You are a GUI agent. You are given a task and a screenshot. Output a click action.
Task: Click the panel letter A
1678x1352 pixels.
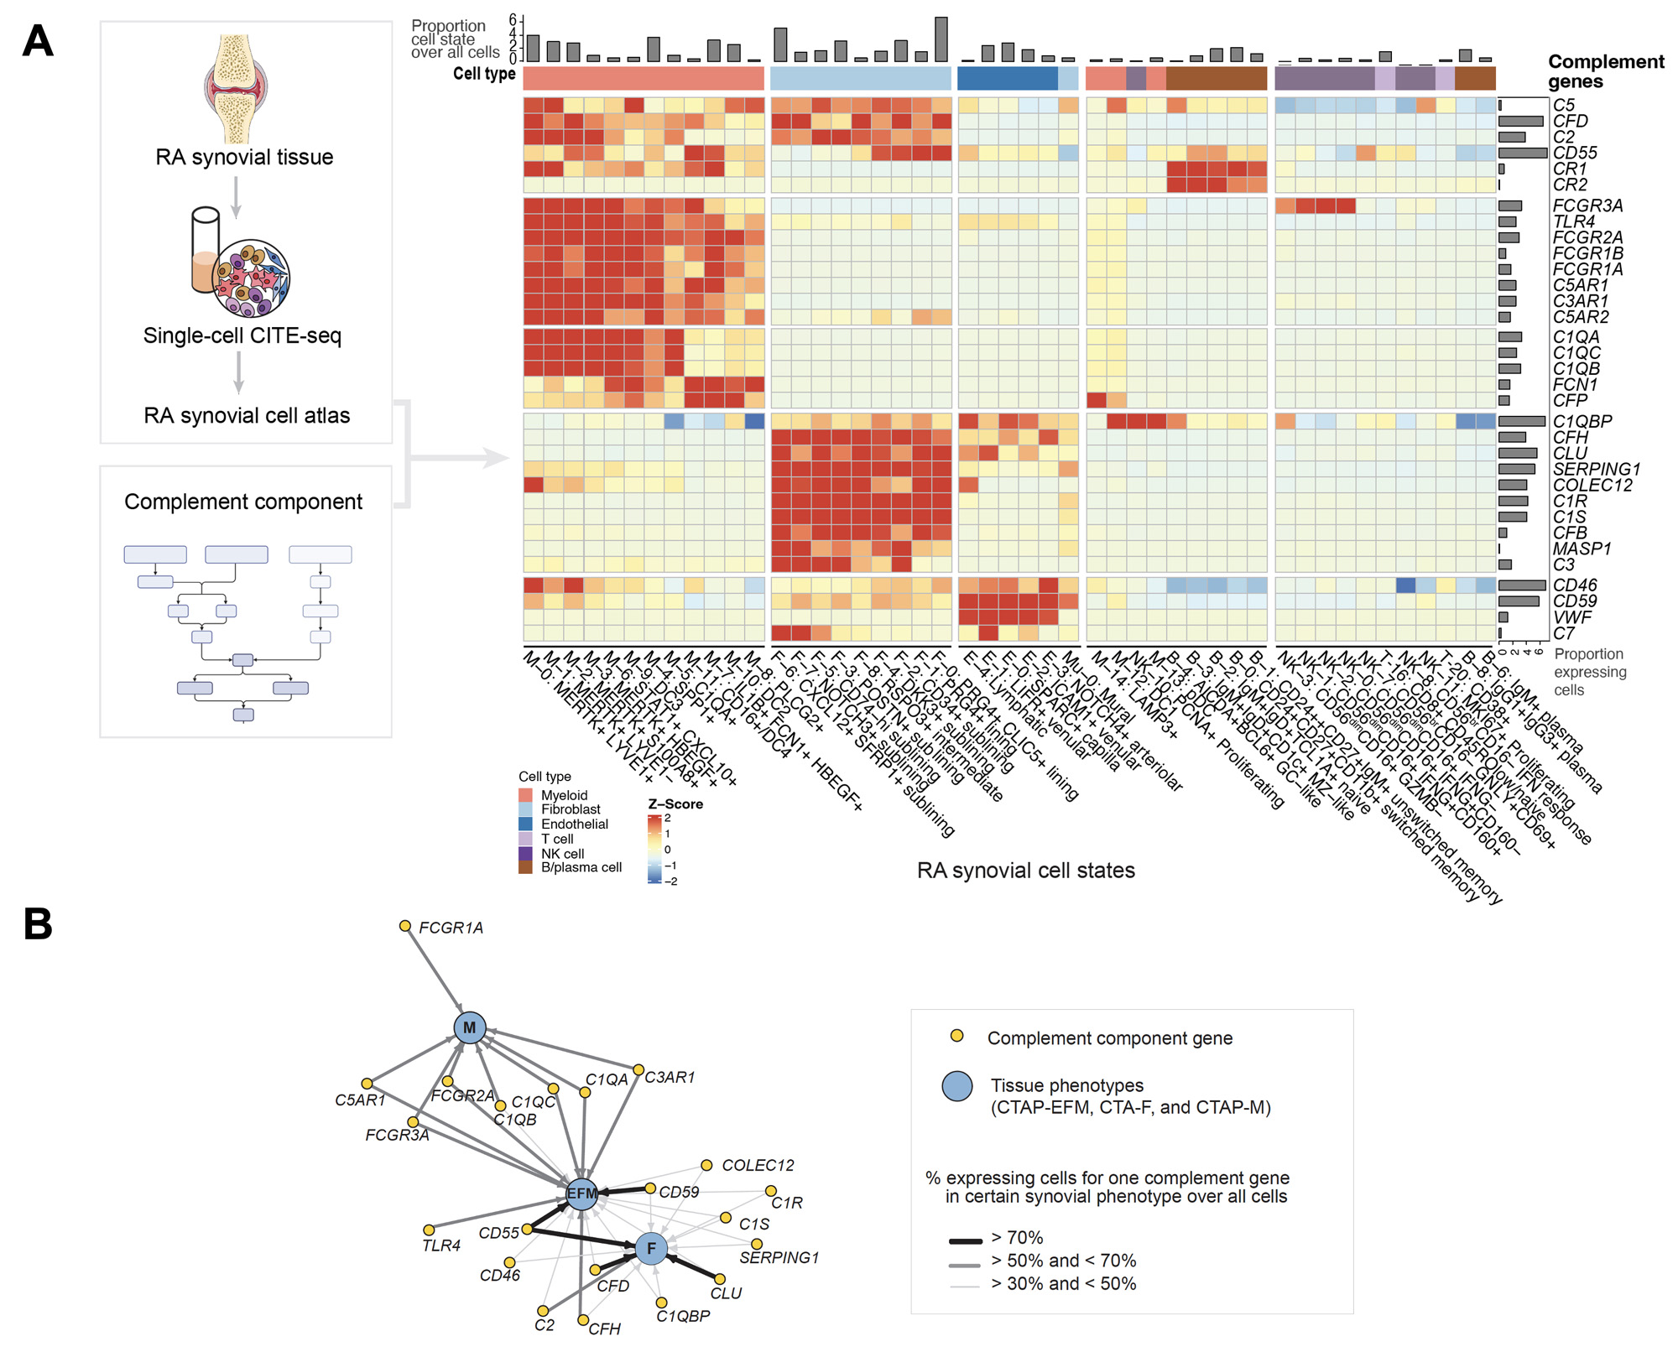coord(38,41)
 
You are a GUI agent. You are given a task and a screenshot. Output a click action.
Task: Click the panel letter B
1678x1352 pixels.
coord(38,924)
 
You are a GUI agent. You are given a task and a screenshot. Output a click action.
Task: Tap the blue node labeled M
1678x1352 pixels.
coord(469,1027)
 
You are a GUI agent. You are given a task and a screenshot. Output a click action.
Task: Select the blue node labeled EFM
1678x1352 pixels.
coord(581,1193)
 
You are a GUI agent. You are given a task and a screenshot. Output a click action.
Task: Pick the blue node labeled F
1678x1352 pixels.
coord(651,1248)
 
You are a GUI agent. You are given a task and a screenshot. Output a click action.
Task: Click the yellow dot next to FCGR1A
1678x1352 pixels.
coord(405,926)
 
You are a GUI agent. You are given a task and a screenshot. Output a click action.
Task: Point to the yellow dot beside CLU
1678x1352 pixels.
coord(719,1279)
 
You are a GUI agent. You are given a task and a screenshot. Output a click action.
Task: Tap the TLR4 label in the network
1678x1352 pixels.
coord(441,1246)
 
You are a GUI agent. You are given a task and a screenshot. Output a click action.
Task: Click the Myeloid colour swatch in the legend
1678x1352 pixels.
coord(526,795)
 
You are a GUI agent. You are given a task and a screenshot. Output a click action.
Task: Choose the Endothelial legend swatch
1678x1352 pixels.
coord(526,824)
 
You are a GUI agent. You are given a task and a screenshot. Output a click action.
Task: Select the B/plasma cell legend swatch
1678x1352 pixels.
coord(526,867)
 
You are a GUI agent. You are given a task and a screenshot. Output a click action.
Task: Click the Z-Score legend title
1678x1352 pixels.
coord(675,804)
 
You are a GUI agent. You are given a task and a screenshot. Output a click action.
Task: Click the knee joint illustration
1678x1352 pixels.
coord(236,89)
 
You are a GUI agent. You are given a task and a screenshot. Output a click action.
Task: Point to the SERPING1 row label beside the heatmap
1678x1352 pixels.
coord(1596,469)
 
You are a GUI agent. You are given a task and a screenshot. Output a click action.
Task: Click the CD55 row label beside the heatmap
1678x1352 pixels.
coord(1575,153)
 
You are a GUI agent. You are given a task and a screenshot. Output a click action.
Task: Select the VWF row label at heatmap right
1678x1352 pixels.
coord(1571,617)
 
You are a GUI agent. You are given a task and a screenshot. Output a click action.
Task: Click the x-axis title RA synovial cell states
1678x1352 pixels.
coord(1025,871)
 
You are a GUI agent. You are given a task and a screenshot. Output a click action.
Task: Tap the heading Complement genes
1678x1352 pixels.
coord(1605,71)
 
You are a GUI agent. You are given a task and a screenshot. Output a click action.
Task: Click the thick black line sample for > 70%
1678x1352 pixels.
coord(965,1240)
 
